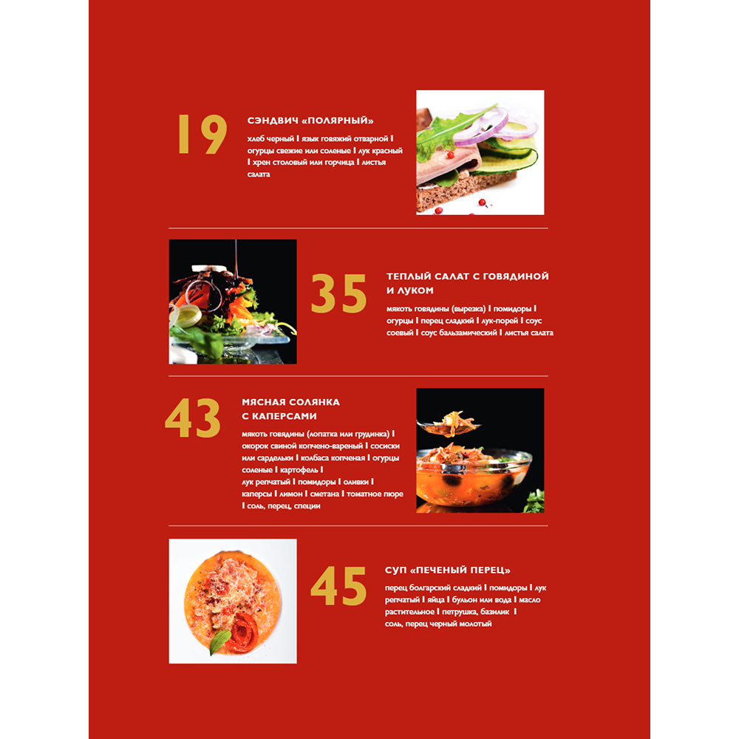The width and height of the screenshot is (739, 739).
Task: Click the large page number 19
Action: point(201,134)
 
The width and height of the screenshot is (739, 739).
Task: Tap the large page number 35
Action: point(338,293)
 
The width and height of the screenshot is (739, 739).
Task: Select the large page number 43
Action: point(192,419)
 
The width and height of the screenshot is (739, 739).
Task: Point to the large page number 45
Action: point(338,587)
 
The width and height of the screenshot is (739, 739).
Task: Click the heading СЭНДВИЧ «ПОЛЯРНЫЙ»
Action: point(311,121)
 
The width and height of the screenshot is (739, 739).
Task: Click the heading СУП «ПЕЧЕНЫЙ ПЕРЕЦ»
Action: point(448,570)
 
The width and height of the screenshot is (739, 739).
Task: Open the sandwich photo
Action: point(480,152)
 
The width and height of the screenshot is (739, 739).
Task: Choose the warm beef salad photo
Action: point(233,302)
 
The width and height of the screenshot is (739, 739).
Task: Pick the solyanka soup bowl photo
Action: point(480,451)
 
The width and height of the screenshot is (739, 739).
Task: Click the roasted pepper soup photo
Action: point(233,601)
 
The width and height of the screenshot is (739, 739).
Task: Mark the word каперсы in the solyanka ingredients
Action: point(256,494)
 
